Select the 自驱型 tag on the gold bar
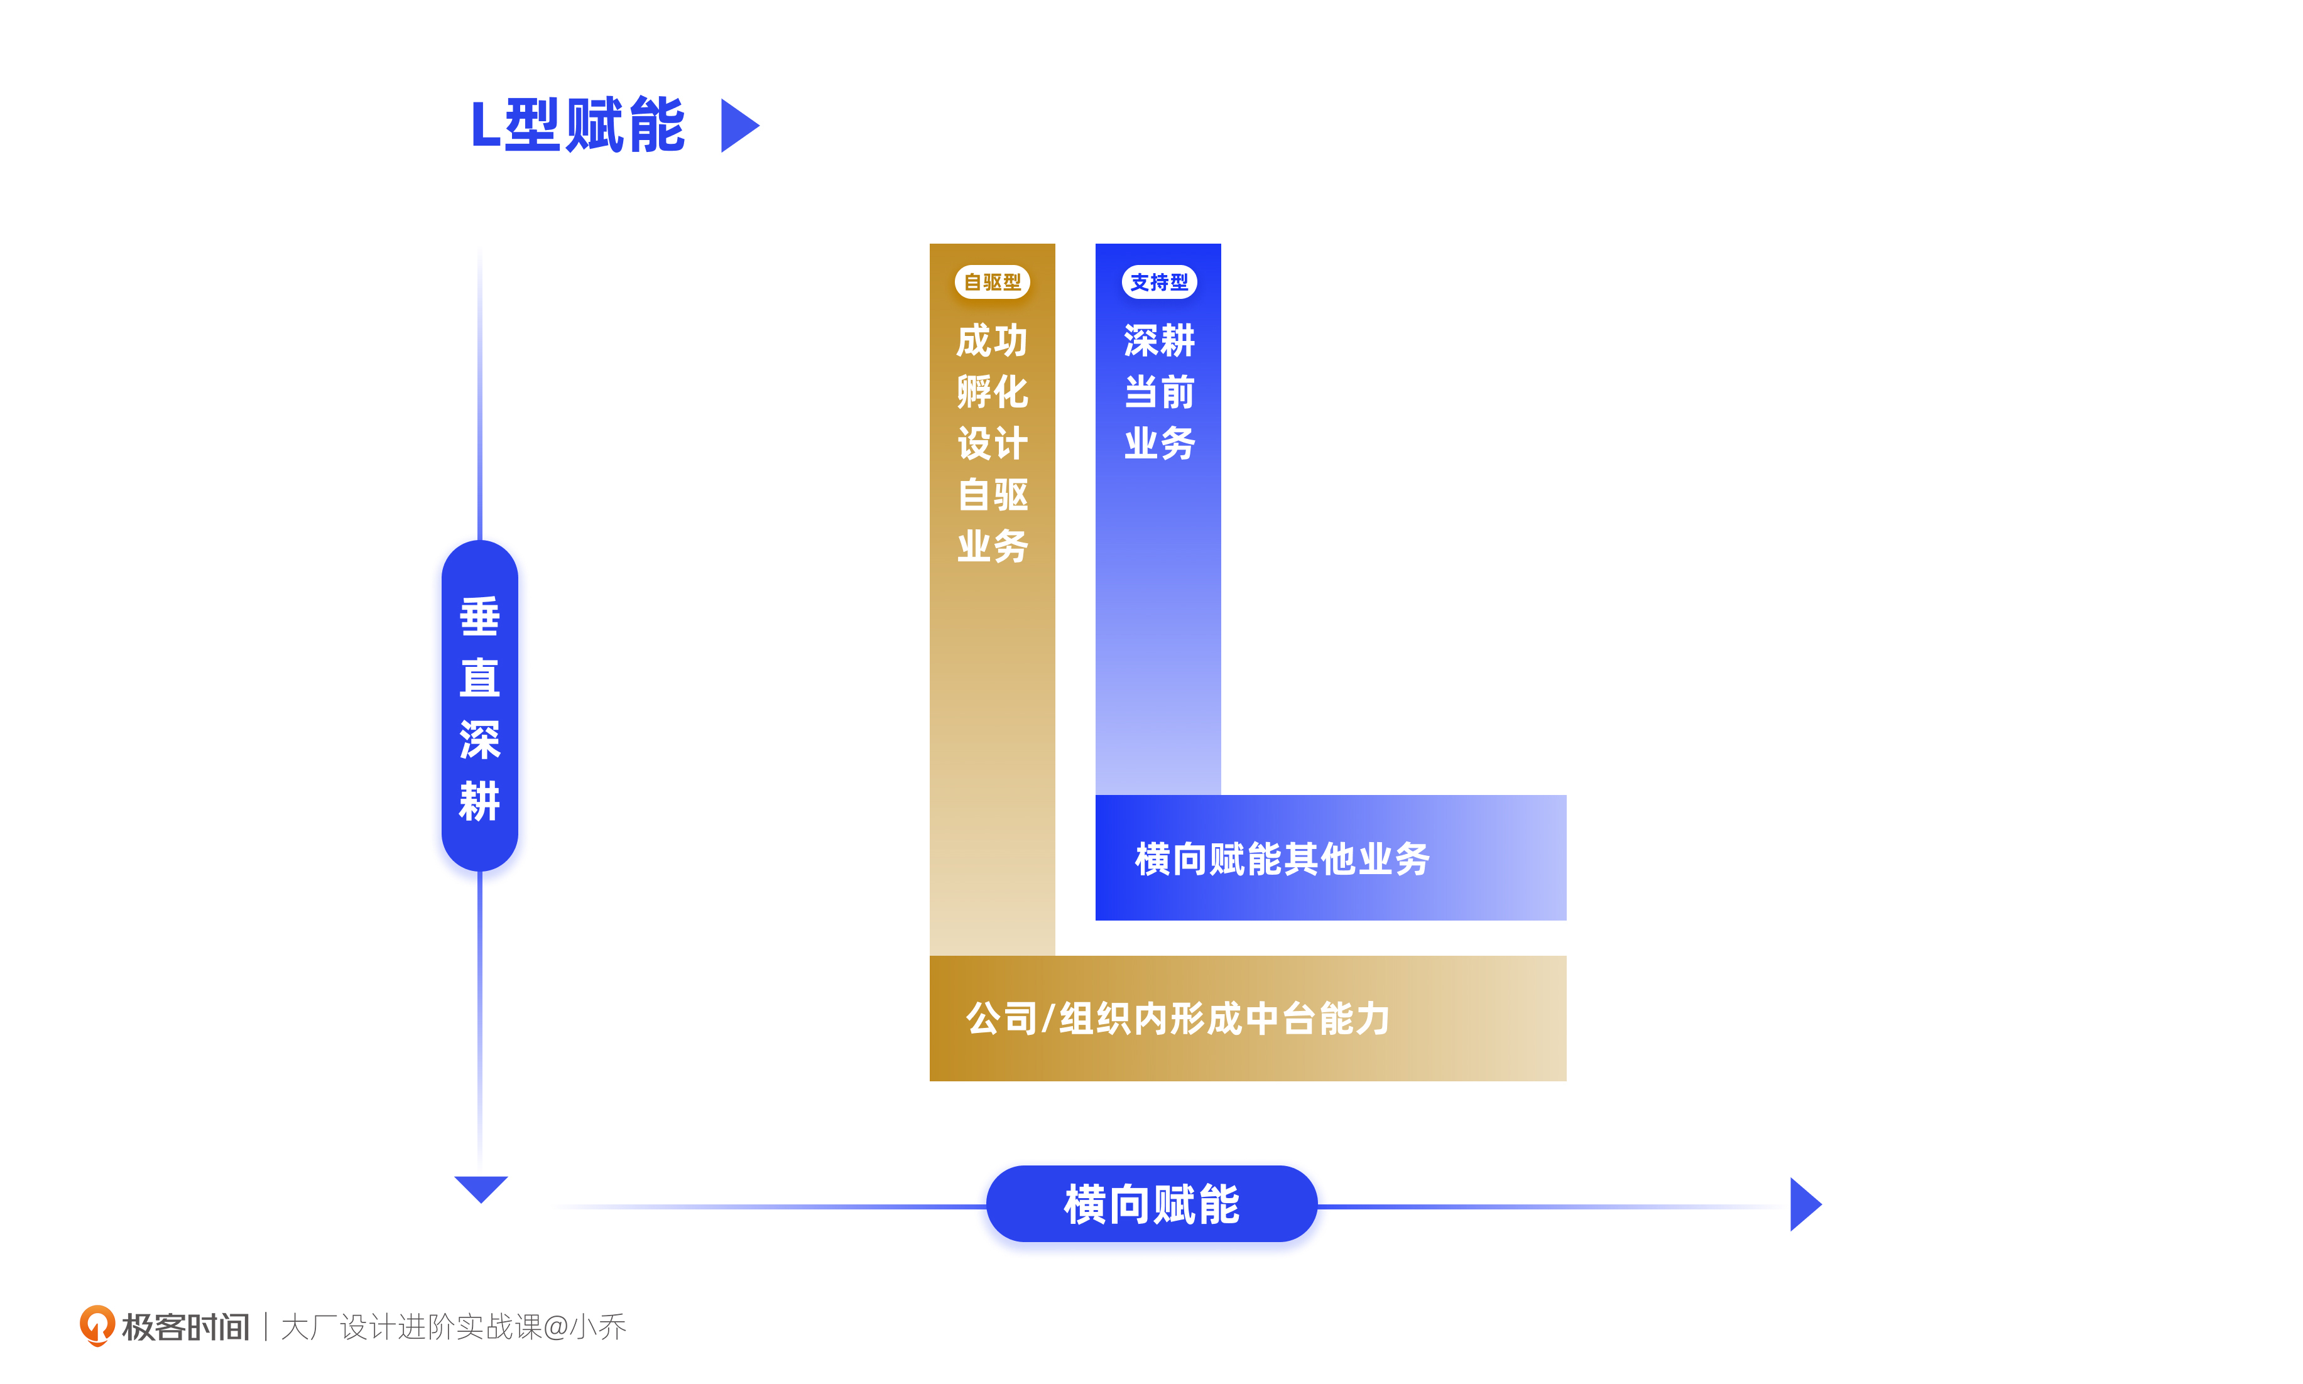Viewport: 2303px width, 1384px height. click(x=991, y=282)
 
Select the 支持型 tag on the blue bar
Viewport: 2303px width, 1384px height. click(x=1158, y=282)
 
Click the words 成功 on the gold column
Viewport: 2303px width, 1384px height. click(x=991, y=340)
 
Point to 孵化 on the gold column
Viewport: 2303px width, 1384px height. click(x=991, y=392)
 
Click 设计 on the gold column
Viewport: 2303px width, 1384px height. click(x=991, y=443)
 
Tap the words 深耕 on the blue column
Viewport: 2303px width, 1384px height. click(x=1158, y=340)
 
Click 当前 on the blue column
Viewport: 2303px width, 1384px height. click(x=1158, y=392)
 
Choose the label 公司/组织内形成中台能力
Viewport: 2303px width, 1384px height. click(x=1177, y=1019)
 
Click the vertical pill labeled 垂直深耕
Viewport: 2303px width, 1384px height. click(x=479, y=706)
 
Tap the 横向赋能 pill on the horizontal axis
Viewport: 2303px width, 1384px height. click(x=1151, y=1204)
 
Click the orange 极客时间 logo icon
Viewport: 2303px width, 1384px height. click(x=96, y=1325)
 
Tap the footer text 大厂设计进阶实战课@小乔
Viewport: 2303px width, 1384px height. click(x=454, y=1326)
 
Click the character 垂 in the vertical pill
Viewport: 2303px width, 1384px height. click(x=479, y=617)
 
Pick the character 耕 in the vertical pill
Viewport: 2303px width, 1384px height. click(x=479, y=800)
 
